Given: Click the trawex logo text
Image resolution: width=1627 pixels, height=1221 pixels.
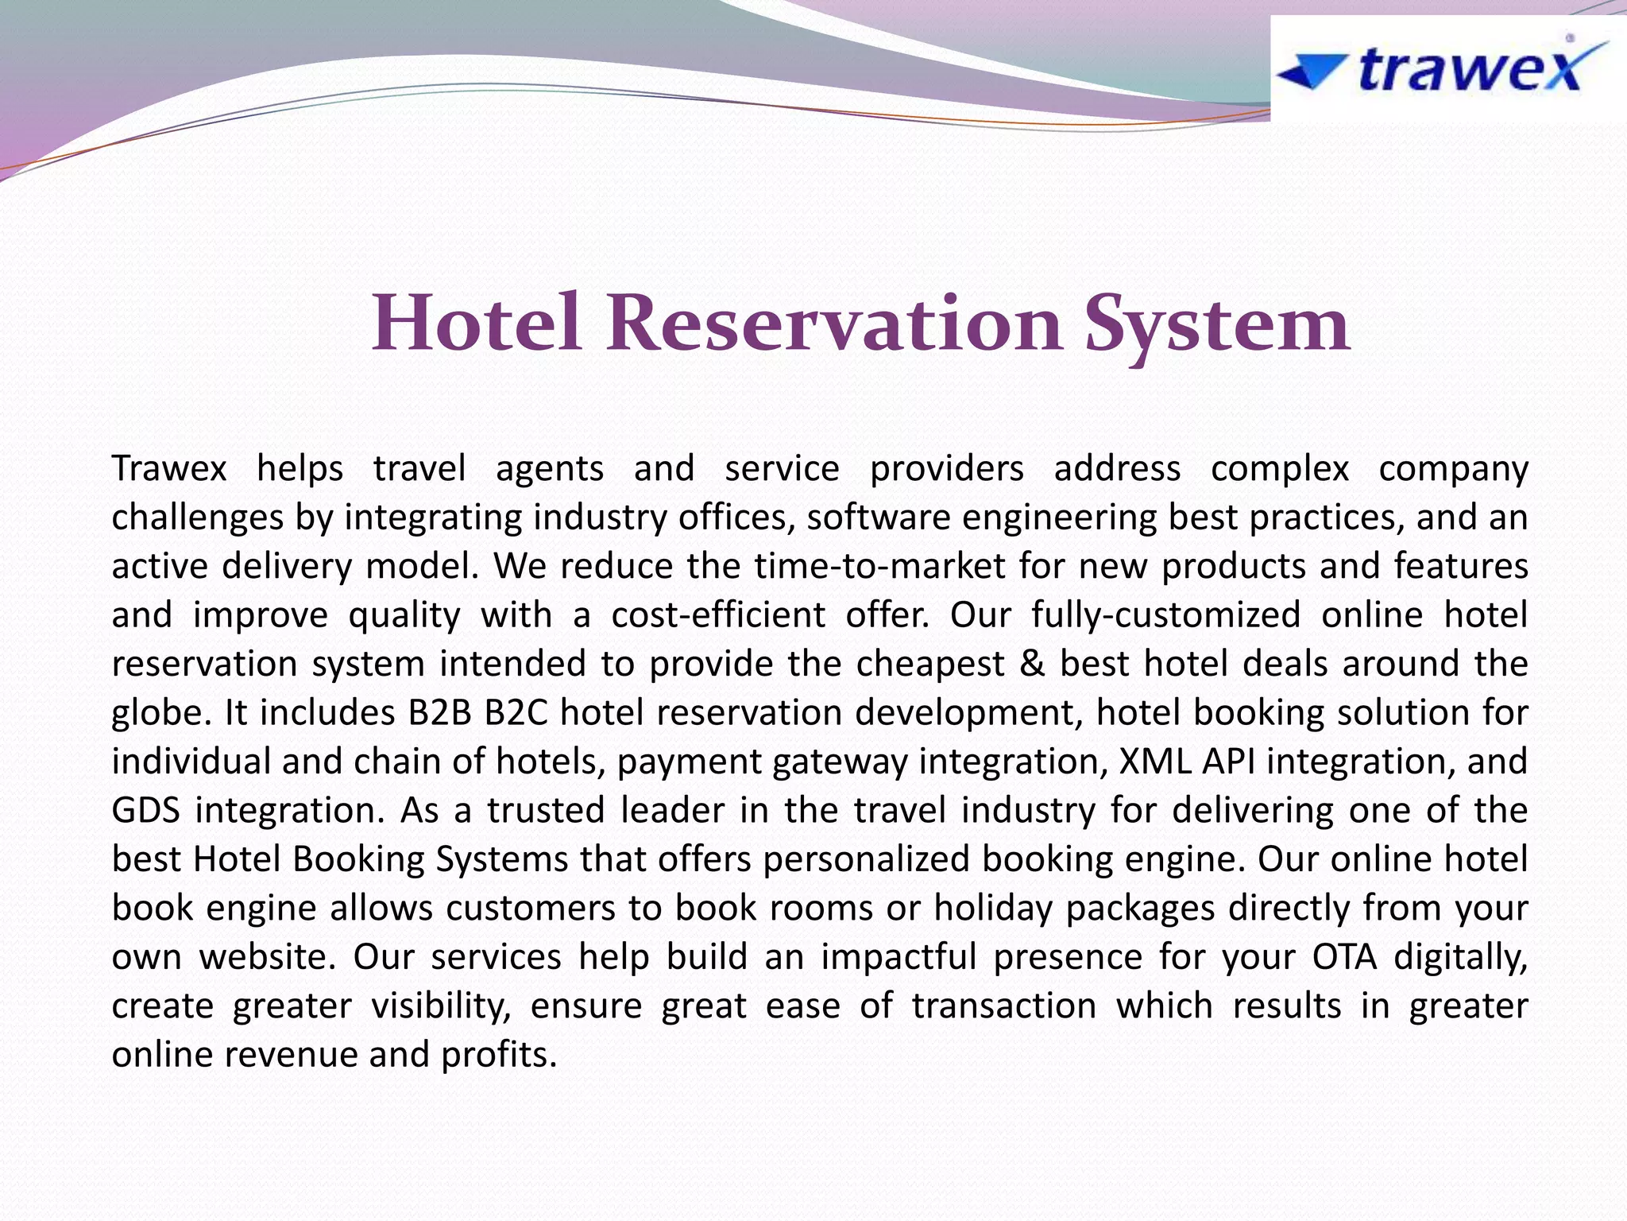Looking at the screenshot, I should click(x=1470, y=69).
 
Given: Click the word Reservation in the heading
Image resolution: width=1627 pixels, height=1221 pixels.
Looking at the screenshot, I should click(x=834, y=324).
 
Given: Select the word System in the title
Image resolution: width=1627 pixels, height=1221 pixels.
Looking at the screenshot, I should click(x=1218, y=324).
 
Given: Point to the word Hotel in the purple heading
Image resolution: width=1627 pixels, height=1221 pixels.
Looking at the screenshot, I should click(x=476, y=324).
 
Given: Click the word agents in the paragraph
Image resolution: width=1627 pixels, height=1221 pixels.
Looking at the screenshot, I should click(x=550, y=468).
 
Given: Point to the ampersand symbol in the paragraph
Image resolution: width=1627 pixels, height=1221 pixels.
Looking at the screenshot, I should click(x=1031, y=664).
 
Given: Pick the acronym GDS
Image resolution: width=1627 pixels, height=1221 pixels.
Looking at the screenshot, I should click(x=146, y=811).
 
